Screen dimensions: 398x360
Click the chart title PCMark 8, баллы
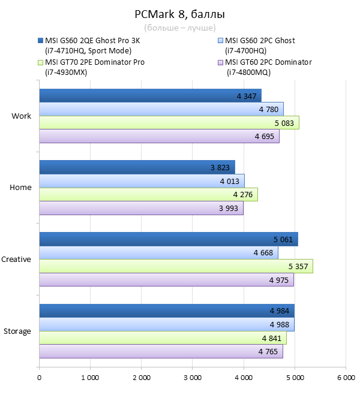(x=179, y=14)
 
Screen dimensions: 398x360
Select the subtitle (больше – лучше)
(x=179, y=28)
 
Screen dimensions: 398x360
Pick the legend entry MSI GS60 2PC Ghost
(x=260, y=41)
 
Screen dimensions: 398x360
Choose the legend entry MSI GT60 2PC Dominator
(x=268, y=62)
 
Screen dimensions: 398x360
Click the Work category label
(x=21, y=116)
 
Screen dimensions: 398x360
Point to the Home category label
(x=20, y=188)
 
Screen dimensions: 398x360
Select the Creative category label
(x=16, y=260)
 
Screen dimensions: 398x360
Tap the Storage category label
(x=17, y=331)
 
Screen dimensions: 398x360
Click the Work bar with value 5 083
(x=169, y=123)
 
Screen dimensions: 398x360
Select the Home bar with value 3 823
(x=137, y=167)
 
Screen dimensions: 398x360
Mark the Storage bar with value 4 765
(x=161, y=352)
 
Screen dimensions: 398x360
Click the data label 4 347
(x=246, y=96)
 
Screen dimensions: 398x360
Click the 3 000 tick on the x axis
(x=193, y=378)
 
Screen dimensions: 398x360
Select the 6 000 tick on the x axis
(x=345, y=378)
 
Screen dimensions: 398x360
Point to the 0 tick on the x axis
(x=40, y=378)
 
